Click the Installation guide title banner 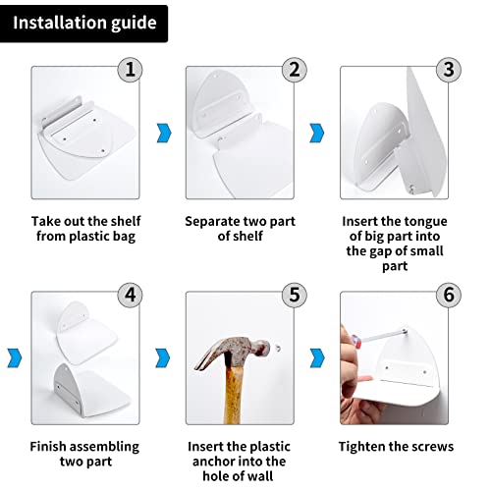(83, 24)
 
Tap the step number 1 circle (130, 70)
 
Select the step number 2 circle (295, 70)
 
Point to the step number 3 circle (449, 70)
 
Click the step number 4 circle (130, 295)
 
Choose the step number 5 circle (295, 295)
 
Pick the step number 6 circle (449, 295)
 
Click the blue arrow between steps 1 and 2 (164, 133)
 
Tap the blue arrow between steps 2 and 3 (317, 133)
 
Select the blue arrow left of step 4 (15, 358)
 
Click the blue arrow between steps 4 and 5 (163, 358)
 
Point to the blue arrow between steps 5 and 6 (317, 358)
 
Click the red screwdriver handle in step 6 (356, 341)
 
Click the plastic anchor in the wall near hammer (278, 348)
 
